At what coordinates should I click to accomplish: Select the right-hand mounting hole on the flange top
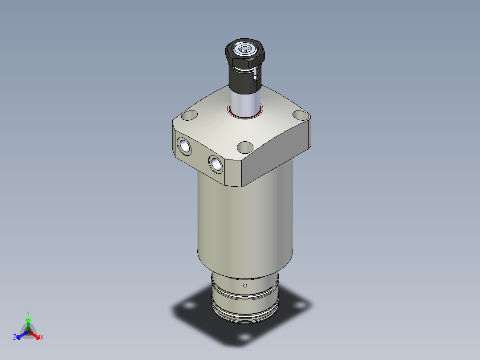[301, 116]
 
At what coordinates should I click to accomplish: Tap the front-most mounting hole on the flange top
[245, 147]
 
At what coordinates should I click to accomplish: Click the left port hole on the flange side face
[184, 145]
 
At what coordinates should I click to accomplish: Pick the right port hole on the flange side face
[216, 164]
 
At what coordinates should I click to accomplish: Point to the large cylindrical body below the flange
[245, 223]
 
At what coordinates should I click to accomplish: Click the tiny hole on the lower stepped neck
[245, 285]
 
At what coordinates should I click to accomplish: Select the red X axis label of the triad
[42, 338]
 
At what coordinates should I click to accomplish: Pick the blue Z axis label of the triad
[15, 337]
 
